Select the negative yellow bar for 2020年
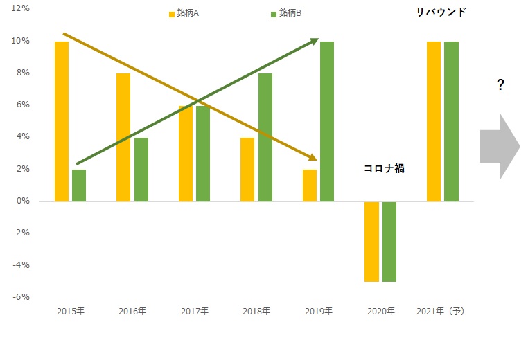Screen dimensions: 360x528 [x=372, y=242]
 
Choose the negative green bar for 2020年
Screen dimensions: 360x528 [x=389, y=242]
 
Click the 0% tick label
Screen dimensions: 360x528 [x=21, y=201]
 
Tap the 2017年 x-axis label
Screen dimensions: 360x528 [x=194, y=312]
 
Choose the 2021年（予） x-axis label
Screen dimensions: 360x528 [x=441, y=312]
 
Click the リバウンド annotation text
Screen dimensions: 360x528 [x=441, y=12]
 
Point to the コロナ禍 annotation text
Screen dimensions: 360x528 [x=384, y=168]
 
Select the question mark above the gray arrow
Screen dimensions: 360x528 [x=500, y=85]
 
